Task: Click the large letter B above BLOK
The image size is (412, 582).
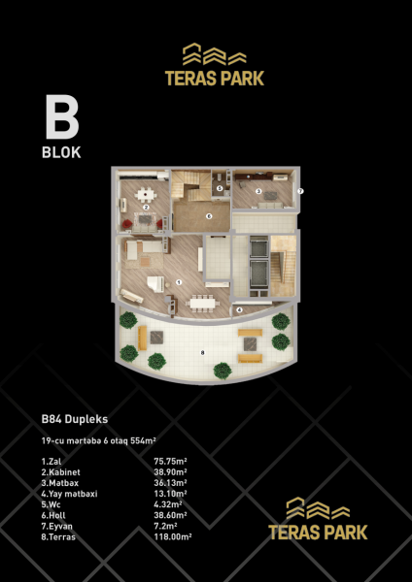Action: [x=62, y=116]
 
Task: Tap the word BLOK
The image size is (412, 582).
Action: [x=61, y=152]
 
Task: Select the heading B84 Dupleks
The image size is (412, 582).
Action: [x=75, y=419]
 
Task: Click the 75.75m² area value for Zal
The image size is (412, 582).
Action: [x=170, y=462]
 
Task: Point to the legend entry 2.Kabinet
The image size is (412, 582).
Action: [x=60, y=472]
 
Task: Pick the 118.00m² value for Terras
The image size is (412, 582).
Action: [x=173, y=536]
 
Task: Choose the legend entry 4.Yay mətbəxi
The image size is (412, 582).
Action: [x=69, y=494]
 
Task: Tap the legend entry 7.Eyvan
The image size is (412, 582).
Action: [x=57, y=527]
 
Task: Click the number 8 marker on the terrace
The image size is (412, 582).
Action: [x=203, y=353]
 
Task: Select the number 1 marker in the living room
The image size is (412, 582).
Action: [x=179, y=282]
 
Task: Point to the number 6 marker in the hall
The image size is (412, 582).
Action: [x=209, y=215]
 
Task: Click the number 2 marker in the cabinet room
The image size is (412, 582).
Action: [x=146, y=208]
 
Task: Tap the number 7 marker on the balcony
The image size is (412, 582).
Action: [x=301, y=191]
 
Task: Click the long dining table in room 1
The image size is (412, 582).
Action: [x=202, y=304]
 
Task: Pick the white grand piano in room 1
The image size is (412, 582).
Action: [x=156, y=284]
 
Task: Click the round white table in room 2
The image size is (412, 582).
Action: [x=145, y=193]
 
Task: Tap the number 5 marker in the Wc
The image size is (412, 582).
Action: [x=220, y=188]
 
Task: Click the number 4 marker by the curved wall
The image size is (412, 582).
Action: [x=239, y=310]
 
